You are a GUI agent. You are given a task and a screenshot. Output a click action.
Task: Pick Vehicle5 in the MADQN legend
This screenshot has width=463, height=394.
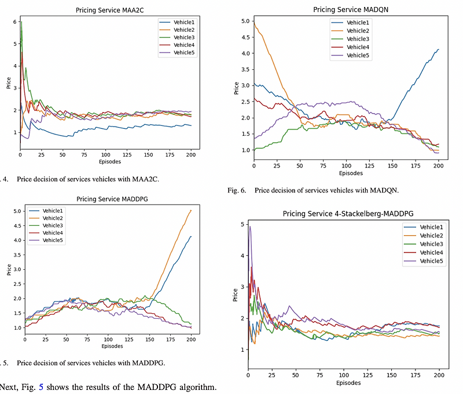[358, 55]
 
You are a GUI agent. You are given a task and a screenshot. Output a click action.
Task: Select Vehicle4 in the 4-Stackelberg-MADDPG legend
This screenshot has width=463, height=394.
[431, 252]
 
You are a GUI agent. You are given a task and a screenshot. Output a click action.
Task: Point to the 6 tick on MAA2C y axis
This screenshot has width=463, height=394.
[14, 22]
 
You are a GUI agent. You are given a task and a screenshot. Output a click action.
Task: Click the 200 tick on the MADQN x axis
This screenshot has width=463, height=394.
[438, 166]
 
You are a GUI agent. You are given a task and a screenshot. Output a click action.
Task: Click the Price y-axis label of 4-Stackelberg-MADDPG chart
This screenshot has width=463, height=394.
[235, 295]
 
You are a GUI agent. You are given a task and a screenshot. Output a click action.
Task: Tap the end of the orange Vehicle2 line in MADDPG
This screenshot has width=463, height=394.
[191, 211]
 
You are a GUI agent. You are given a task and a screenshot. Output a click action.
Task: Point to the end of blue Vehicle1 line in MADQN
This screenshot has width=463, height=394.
[438, 50]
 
